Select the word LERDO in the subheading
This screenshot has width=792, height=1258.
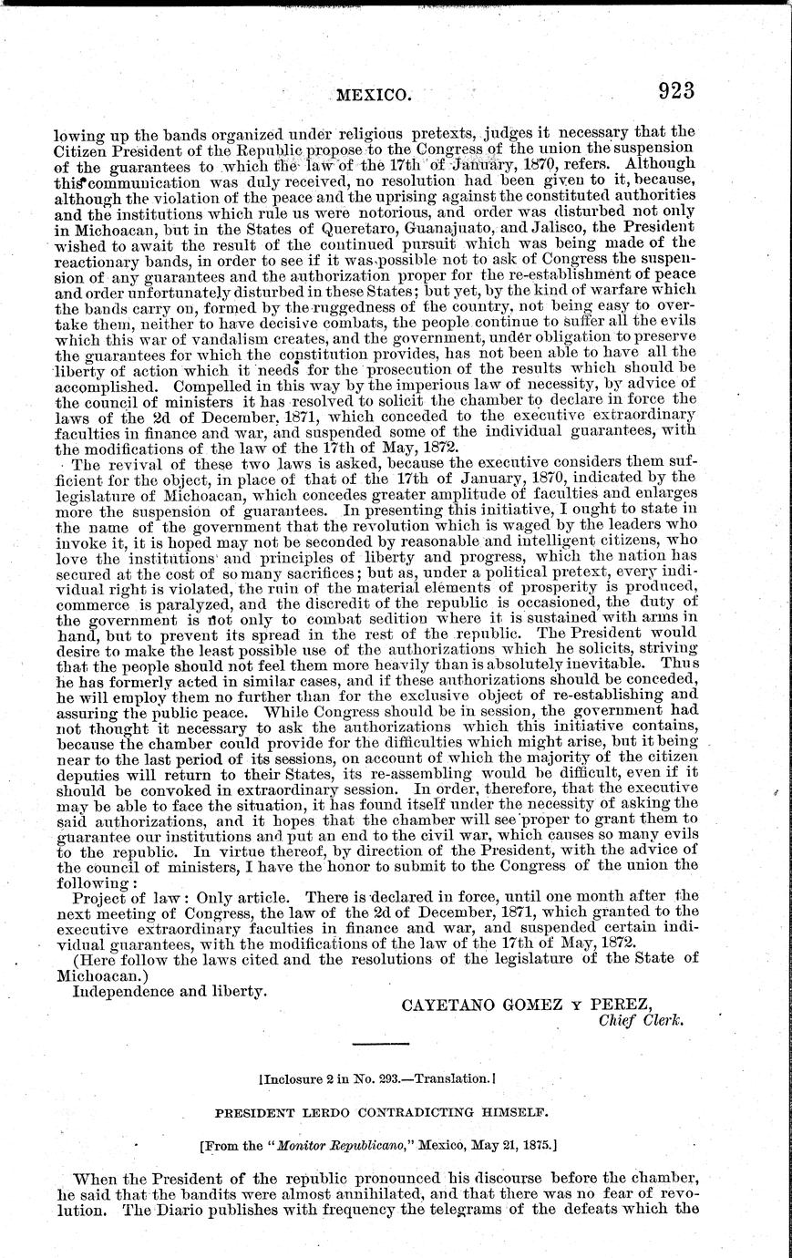[334, 1111]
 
